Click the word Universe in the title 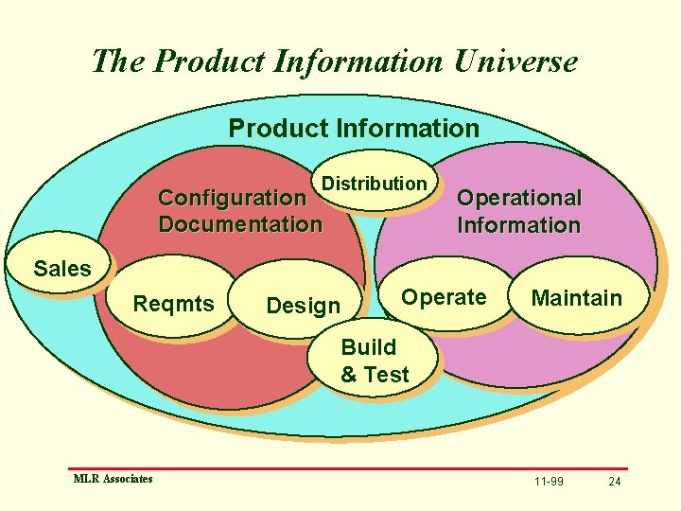(515, 62)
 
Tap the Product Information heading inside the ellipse (354, 128)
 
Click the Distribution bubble (375, 184)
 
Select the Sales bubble (62, 269)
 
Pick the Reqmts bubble (174, 304)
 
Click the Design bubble (303, 306)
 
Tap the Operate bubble (444, 297)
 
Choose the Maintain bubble (576, 299)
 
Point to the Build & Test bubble (375, 361)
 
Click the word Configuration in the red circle (232, 198)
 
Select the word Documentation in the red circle (240, 224)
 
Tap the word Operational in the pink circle (518, 198)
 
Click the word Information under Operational (518, 225)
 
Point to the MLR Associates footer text (113, 479)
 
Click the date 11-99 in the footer (549, 482)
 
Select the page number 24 (615, 482)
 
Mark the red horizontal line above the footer (350, 468)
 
